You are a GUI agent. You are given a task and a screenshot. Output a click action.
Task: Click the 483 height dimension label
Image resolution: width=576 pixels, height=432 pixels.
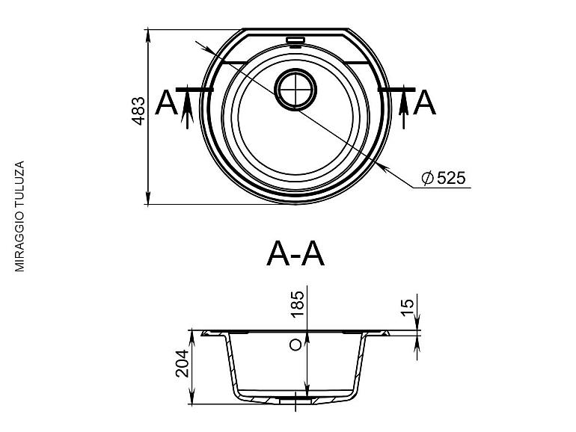pyautogui.click(x=139, y=111)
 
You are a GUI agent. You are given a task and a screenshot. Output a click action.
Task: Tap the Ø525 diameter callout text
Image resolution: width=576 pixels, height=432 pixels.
pyautogui.click(x=444, y=178)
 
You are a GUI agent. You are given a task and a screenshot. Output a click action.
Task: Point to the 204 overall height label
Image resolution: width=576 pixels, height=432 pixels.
pyautogui.click(x=183, y=363)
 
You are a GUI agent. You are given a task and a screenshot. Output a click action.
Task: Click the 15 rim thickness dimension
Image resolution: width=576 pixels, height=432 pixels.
pyautogui.click(x=408, y=308)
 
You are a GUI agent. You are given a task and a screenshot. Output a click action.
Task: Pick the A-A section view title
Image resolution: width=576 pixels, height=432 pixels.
pyautogui.click(x=295, y=254)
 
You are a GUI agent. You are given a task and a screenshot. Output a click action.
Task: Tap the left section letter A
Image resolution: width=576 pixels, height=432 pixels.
pyautogui.click(x=166, y=102)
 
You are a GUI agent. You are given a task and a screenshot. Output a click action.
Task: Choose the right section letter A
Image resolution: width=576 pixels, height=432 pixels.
pyautogui.click(x=425, y=102)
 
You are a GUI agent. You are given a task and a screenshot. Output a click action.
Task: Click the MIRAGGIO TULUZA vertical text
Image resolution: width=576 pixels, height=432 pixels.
pyautogui.click(x=20, y=216)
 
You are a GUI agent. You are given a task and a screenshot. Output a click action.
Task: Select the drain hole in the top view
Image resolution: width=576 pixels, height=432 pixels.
pyautogui.click(x=295, y=89)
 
